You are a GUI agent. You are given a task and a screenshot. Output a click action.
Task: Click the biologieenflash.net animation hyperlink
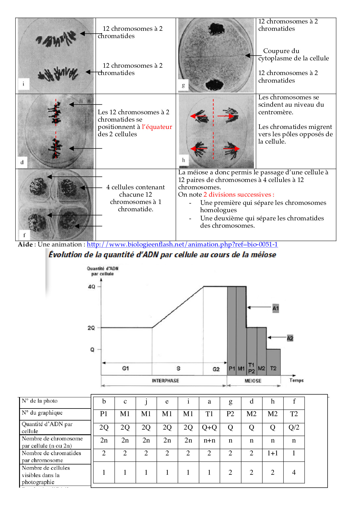182,244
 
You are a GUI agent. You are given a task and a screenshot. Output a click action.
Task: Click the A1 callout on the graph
275,308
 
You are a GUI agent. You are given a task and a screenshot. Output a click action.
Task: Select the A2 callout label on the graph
290,338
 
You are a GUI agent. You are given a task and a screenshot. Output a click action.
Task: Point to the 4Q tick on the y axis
92,287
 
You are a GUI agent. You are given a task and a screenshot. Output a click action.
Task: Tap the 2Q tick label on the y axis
91,328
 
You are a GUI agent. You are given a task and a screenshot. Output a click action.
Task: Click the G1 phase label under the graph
125,368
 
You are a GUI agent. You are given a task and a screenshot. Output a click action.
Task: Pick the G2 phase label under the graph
216,369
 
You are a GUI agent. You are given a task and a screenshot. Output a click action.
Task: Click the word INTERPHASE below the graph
165,381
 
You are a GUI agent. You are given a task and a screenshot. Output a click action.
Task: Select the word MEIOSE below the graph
253,381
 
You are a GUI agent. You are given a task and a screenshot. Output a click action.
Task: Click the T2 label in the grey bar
273,368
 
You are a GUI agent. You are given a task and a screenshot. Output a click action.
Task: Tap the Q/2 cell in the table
294,427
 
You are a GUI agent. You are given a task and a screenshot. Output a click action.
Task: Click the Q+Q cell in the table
209,427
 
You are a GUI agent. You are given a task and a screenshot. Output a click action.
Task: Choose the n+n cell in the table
209,440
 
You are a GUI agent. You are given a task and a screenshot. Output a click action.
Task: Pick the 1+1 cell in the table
273,453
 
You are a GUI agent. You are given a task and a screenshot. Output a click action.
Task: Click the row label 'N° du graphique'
42,413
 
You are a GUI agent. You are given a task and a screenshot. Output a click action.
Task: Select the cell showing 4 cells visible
294,472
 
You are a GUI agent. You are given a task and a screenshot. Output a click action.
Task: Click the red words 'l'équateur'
157,127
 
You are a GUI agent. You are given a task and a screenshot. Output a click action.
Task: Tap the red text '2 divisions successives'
239,195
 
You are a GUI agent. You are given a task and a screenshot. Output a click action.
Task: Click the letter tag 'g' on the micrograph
183,86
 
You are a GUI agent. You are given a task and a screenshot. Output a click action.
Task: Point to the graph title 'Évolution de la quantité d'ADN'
162,254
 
